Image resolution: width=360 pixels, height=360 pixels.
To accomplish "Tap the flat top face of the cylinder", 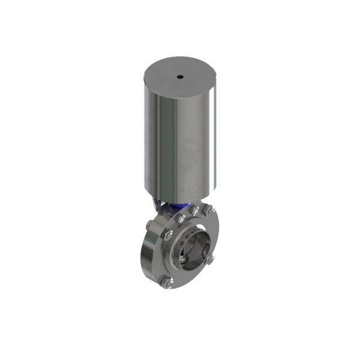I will (x=192, y=75).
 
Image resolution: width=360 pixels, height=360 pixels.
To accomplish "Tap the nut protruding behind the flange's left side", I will (x=148, y=225).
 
